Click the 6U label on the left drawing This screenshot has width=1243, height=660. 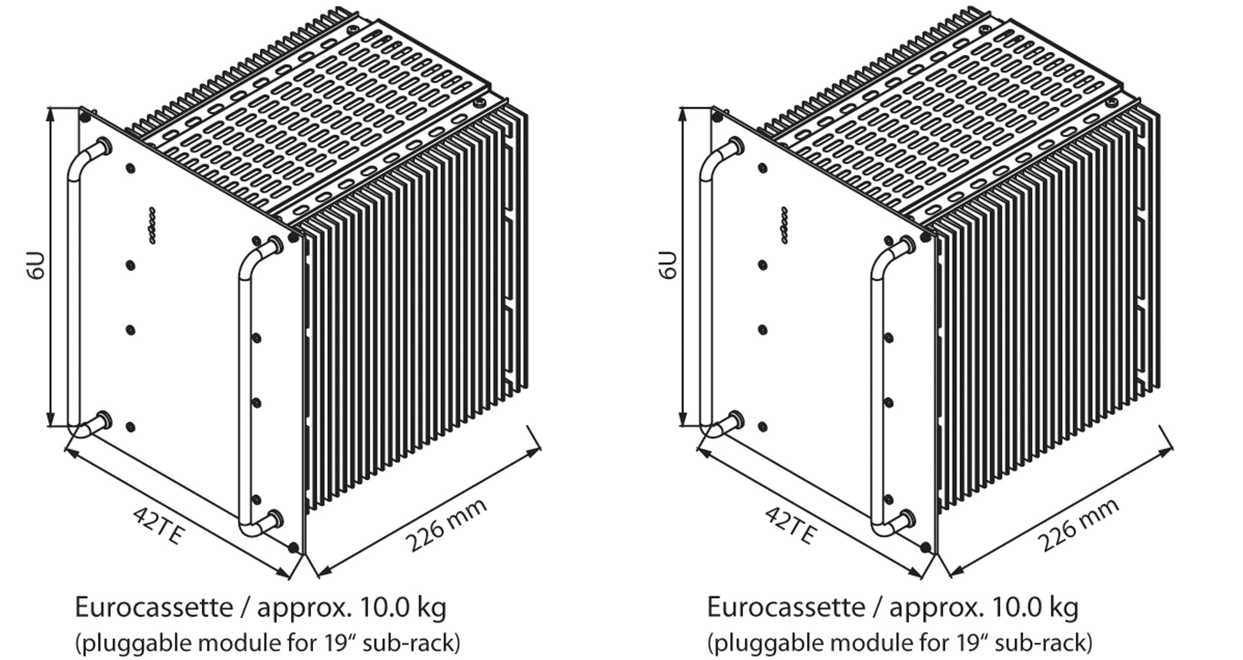click(37, 267)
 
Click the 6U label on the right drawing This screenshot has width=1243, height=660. click(669, 267)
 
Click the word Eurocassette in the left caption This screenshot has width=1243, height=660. click(154, 607)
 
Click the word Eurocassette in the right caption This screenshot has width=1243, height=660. click(785, 607)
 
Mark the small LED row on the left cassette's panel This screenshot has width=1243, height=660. click(152, 225)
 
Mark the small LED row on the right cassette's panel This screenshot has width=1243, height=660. click(784, 225)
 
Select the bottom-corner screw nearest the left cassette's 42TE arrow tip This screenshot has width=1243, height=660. click(294, 548)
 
